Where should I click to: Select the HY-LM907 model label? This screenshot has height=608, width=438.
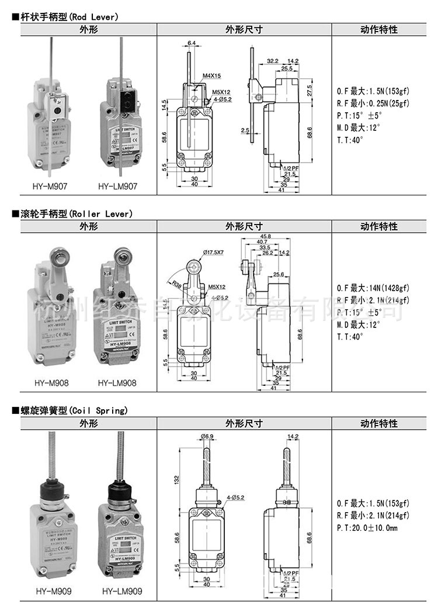(117, 186)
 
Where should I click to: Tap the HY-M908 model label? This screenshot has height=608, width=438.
(51, 384)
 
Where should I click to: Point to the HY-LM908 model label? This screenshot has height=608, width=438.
(117, 384)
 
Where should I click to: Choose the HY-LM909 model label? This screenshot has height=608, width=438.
(121, 592)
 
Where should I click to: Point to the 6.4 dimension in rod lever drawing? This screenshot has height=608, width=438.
(192, 43)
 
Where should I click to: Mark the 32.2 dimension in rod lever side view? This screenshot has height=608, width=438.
(273, 60)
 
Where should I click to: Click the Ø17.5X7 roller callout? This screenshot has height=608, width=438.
(213, 252)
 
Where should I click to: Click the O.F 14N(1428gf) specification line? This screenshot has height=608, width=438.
(373, 288)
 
